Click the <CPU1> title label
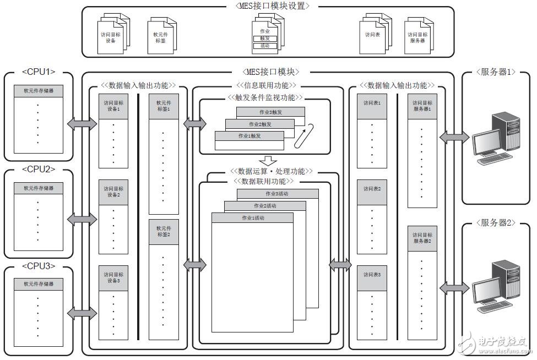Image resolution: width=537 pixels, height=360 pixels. [x=39, y=72]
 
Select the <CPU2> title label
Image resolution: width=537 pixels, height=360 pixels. [x=39, y=169]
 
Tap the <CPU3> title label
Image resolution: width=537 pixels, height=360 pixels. [x=39, y=266]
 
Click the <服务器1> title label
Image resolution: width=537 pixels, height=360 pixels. [x=496, y=72]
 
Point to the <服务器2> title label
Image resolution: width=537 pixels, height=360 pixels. [x=496, y=223]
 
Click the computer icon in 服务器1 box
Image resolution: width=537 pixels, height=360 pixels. [x=496, y=138]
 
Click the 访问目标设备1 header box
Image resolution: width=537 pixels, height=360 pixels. [x=114, y=106]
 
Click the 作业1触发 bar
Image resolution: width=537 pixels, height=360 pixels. [x=249, y=136]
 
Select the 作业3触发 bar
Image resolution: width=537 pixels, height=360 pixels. [x=270, y=112]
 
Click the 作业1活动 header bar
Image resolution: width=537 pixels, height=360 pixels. [x=252, y=218]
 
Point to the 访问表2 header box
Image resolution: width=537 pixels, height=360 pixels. [x=372, y=188]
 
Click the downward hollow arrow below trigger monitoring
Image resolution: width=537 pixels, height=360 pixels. [x=268, y=161]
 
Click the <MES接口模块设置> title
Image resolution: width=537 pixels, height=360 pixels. [x=268, y=6]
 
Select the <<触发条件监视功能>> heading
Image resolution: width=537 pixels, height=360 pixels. [x=265, y=97]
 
